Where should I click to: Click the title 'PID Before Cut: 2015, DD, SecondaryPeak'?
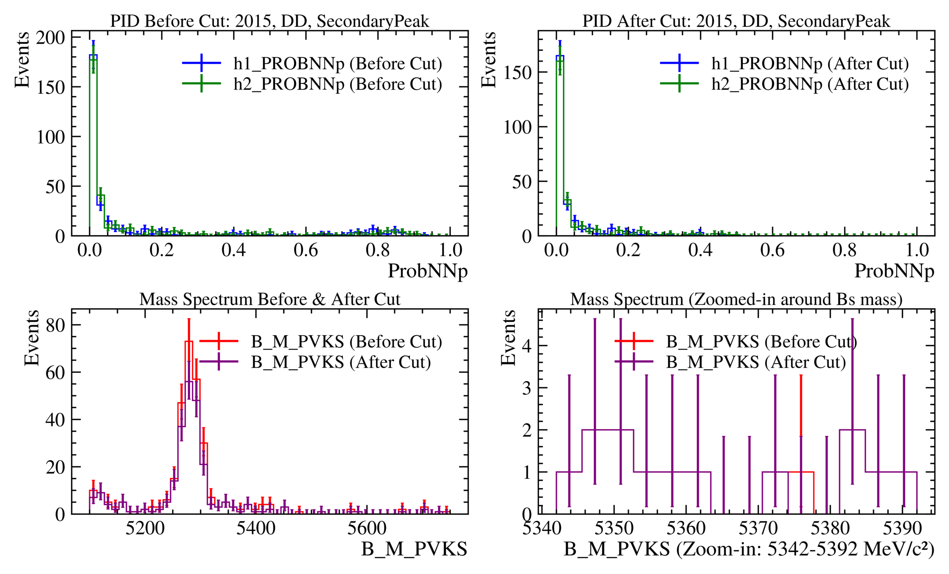point(270,21)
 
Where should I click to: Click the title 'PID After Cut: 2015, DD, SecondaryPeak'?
point(736,21)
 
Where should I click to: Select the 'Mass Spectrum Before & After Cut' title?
point(270,299)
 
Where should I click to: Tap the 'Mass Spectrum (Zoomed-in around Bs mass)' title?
point(736,299)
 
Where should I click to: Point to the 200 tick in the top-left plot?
point(50,38)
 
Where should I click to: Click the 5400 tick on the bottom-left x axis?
point(256,528)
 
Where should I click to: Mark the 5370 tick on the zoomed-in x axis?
point(758,528)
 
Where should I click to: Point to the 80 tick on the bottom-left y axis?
point(55,325)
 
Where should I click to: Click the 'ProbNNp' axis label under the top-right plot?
point(894,271)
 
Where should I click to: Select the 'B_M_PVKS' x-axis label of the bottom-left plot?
point(414,549)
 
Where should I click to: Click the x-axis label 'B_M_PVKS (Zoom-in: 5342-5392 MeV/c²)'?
point(749,549)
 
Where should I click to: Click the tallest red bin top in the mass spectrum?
point(189,341)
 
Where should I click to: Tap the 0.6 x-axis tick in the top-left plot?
point(306,250)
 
